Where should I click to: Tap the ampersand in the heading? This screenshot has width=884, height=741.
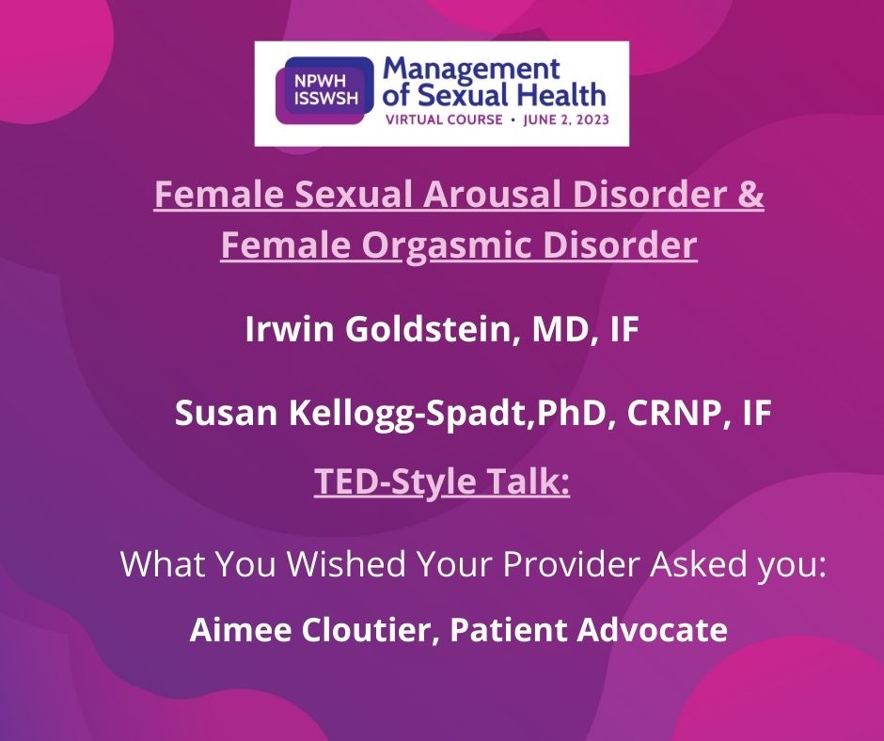(750, 198)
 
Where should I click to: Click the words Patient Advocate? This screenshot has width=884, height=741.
(590, 629)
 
